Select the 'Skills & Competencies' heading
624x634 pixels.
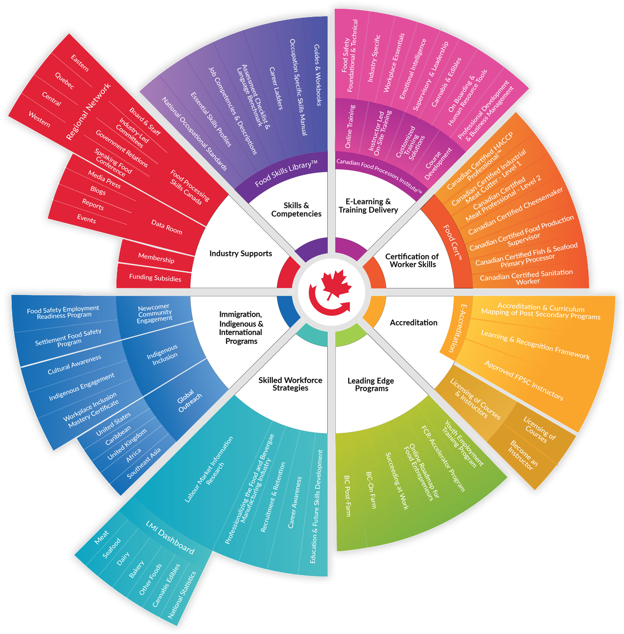click(x=296, y=210)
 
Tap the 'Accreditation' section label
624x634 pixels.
click(x=414, y=323)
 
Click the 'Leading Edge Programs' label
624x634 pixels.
click(x=371, y=384)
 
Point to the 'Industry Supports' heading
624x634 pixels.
click(x=241, y=253)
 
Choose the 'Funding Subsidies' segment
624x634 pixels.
click(x=155, y=278)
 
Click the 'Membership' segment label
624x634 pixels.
click(x=156, y=258)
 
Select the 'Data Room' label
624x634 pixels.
click(x=167, y=227)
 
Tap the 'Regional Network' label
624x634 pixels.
click(x=88, y=112)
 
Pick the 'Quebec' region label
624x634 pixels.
click(x=64, y=81)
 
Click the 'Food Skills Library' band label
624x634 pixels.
click(x=286, y=173)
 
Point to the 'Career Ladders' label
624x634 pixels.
click(x=276, y=88)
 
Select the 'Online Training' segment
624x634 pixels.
click(x=350, y=126)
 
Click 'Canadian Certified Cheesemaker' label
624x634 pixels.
click(x=515, y=211)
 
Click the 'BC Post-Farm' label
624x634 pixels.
click(x=347, y=496)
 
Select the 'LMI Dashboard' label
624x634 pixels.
click(x=170, y=538)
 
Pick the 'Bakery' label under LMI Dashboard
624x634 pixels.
click(x=136, y=569)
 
